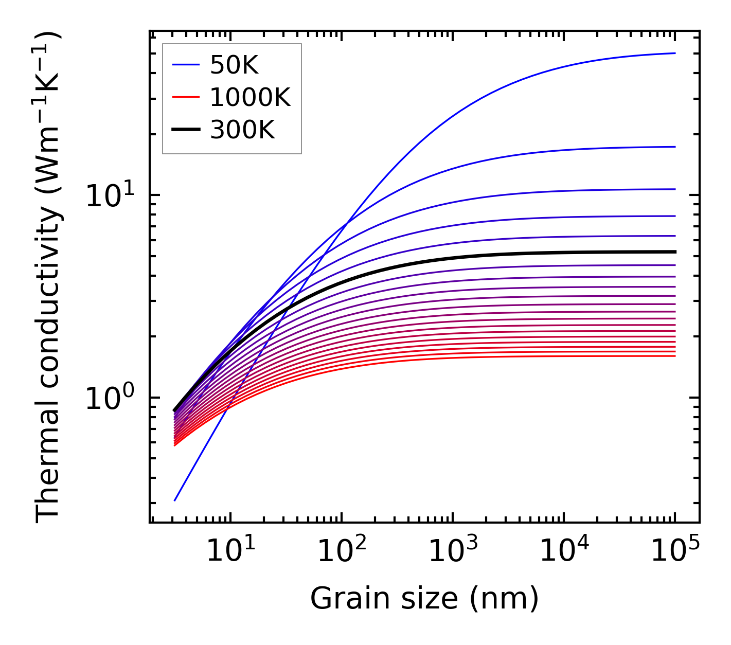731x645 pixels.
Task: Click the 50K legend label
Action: (x=234, y=65)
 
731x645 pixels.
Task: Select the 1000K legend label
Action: (x=250, y=97)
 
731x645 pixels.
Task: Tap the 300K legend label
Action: (x=242, y=130)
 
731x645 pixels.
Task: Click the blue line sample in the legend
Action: (x=185, y=65)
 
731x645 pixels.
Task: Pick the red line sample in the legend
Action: (x=185, y=97)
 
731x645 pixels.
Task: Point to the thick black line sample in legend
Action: (x=185, y=130)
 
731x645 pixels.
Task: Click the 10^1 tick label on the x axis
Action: (x=229, y=552)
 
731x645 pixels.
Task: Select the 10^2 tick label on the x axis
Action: (x=341, y=552)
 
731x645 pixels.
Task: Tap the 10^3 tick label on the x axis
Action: (x=452, y=552)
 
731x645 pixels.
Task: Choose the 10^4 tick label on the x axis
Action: (x=563, y=552)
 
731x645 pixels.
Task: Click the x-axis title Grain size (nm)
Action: (x=424, y=599)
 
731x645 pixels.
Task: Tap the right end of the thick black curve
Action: (x=674, y=252)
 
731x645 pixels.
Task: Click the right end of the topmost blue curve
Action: (x=674, y=53)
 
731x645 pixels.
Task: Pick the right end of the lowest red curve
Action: (x=674, y=356)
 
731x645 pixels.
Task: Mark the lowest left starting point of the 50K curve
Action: (x=175, y=500)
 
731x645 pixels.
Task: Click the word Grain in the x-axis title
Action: (x=340, y=599)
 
